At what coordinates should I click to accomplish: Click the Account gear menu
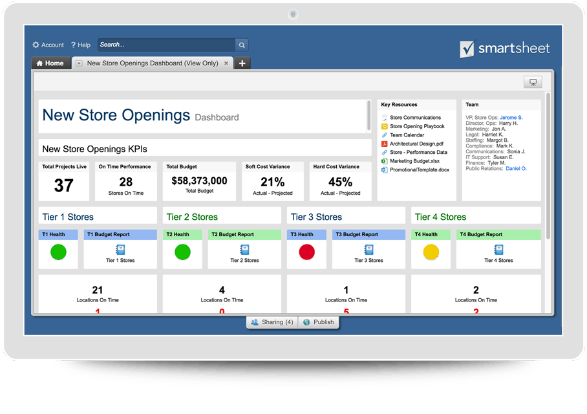point(48,45)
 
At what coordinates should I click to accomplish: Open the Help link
point(81,45)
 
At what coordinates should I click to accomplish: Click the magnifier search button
point(242,45)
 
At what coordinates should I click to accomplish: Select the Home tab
point(50,63)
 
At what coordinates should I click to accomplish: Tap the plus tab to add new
point(242,63)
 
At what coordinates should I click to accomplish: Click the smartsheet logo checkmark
point(467,49)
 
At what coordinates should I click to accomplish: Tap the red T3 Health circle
point(307,252)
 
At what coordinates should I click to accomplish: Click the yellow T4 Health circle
point(431,252)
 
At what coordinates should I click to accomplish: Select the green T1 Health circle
point(58,252)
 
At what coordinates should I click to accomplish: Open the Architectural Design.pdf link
point(416,144)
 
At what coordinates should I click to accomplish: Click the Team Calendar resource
point(407,135)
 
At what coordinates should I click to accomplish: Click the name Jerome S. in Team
point(511,118)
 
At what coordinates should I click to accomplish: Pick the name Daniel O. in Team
point(516,168)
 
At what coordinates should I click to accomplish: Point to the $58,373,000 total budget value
point(199,181)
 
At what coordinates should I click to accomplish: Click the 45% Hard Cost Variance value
point(340,182)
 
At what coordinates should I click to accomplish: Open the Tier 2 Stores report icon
point(244,250)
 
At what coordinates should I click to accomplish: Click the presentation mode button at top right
point(533,82)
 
